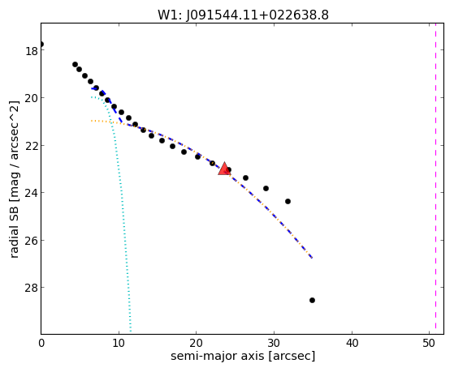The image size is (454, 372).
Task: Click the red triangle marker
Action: [x=224, y=169]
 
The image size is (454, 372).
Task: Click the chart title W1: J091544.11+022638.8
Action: [x=243, y=15]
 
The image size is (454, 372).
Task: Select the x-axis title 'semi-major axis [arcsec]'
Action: [x=243, y=356]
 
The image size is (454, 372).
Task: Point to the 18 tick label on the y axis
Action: [x=32, y=51]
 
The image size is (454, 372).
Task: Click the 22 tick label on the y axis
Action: [x=32, y=145]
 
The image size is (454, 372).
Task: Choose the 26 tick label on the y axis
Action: [x=32, y=240]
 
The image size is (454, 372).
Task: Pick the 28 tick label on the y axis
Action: [x=32, y=288]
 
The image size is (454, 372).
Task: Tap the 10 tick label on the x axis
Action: [x=119, y=343]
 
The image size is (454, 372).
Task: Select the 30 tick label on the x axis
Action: [x=274, y=343]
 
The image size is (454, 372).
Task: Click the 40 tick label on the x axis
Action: [x=352, y=343]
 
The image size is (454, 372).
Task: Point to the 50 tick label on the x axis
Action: [x=429, y=343]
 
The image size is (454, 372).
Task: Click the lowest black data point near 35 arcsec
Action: [x=312, y=301]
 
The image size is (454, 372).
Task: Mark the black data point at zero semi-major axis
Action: [x=41, y=45]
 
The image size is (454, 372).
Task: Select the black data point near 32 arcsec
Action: [x=288, y=201]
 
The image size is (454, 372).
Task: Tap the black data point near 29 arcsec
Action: [x=266, y=189]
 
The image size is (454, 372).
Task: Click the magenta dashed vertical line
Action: [x=435, y=178]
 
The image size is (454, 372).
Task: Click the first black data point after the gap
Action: [x=75, y=64]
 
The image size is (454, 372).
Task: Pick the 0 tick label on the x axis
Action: [x=41, y=343]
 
